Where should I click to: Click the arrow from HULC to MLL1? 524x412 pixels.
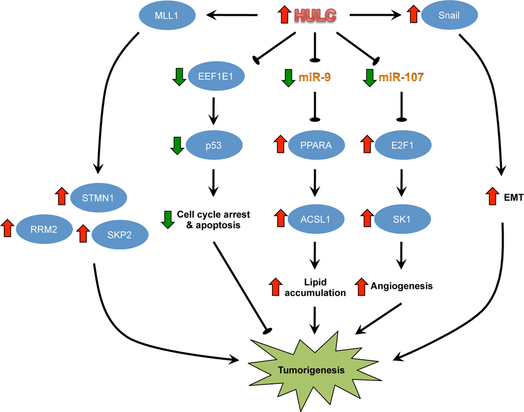(x=231, y=16)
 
